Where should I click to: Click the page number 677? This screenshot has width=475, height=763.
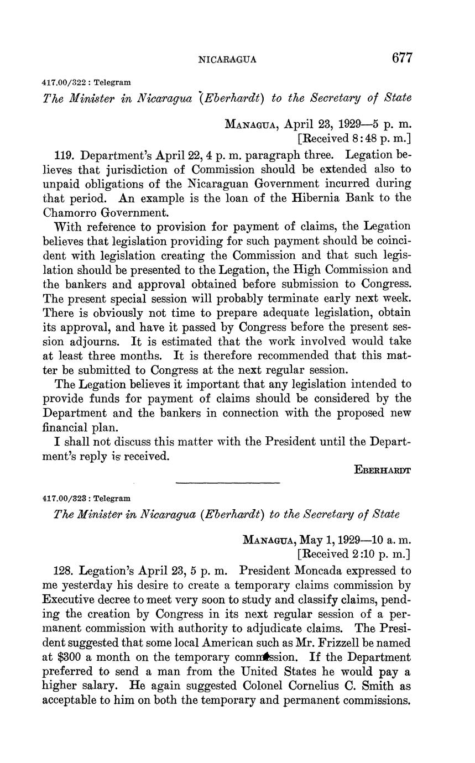pyautogui.click(x=401, y=58)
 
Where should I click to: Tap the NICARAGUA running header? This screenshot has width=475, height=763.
pyautogui.click(x=227, y=60)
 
